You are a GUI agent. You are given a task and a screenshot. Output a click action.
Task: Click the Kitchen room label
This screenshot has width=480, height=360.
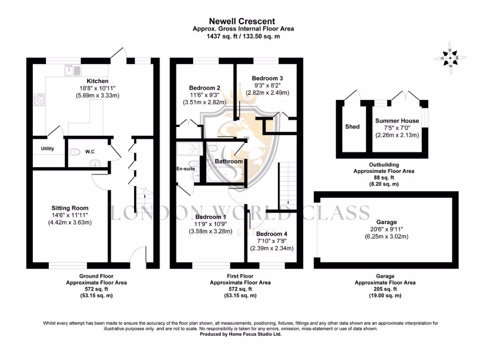(97, 81)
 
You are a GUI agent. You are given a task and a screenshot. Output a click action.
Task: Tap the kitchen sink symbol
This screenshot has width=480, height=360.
(73, 70)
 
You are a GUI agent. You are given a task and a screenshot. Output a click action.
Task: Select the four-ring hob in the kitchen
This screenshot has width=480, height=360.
(39, 99)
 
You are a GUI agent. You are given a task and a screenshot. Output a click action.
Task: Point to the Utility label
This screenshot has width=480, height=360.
(47, 149)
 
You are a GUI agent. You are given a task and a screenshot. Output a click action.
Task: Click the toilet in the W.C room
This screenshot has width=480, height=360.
(75, 151)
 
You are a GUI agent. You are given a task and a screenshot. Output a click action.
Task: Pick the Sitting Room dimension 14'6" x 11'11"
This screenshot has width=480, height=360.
(70, 215)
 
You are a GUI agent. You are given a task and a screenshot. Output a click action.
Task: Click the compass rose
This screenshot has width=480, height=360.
(450, 58)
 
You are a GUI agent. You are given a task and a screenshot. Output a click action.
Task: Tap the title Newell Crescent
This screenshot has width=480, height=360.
(242, 21)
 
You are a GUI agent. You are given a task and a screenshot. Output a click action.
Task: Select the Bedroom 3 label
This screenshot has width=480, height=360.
(267, 78)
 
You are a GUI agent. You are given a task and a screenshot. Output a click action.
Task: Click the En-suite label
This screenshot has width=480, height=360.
(186, 169)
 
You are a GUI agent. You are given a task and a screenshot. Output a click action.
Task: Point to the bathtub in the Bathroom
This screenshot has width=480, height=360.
(225, 174)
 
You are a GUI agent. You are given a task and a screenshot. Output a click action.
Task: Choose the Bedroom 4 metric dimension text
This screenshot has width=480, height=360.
(272, 248)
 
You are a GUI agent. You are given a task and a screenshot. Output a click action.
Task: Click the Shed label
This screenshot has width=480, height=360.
(352, 127)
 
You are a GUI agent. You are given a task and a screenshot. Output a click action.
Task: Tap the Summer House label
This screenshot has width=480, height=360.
(397, 121)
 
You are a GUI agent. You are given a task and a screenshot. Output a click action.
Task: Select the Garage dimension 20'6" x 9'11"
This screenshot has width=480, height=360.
(386, 229)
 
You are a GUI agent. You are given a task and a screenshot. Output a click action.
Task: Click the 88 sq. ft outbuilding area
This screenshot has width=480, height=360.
(384, 178)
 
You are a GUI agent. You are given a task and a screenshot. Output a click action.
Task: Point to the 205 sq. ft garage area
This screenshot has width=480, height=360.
(385, 289)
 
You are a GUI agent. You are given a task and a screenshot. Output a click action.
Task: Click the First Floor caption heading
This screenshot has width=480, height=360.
(240, 276)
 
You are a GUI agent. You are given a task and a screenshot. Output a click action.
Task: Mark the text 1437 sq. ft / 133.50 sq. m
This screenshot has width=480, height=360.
(243, 37)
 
